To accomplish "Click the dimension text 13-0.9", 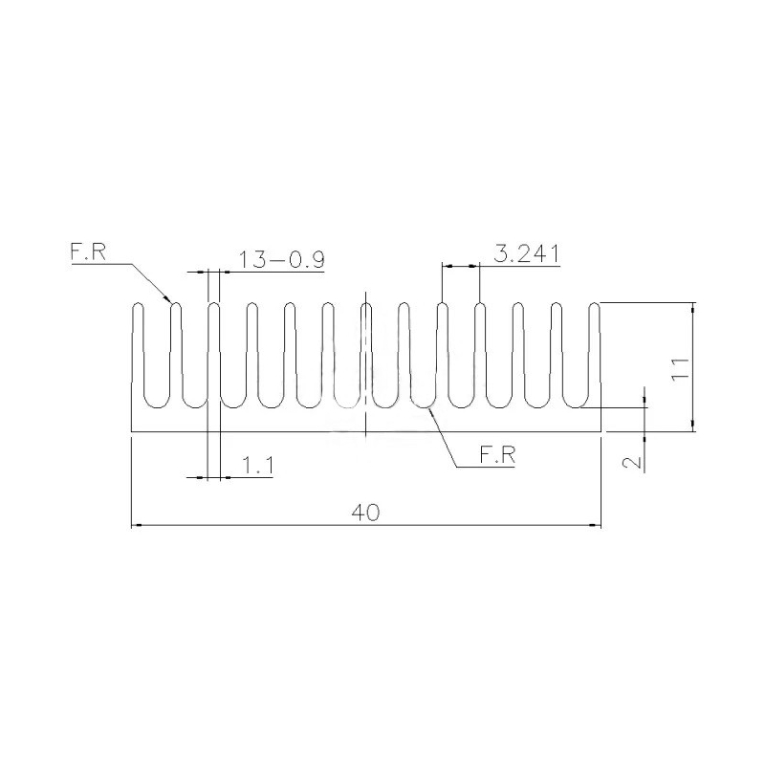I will [281, 259].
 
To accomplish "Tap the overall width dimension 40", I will [365, 513].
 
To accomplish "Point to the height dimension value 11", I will [679, 368].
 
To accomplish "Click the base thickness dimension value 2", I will [631, 462].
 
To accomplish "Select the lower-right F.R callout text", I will [497, 457].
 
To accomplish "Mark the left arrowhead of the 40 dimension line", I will [135, 525].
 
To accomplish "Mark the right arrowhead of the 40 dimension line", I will [597, 525].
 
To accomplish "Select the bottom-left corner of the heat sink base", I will [131, 431].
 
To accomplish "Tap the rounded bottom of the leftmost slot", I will [156, 404].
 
